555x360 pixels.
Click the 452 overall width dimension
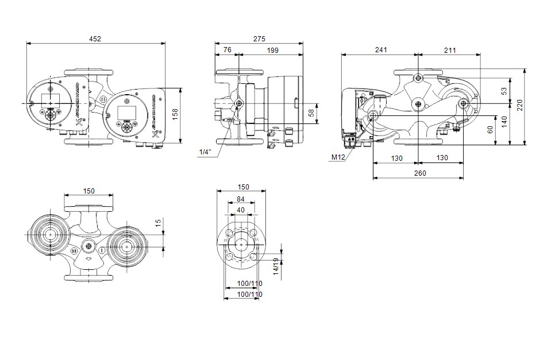[95, 39]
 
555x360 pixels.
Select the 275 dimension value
[259, 39]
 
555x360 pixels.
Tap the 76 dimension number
[228, 51]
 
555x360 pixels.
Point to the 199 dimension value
[272, 51]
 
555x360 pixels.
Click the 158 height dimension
[176, 115]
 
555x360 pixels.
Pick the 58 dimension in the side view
[312, 113]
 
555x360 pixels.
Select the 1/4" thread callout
[205, 152]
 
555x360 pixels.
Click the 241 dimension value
[380, 51]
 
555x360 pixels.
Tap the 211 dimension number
[450, 51]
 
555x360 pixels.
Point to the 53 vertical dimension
[504, 91]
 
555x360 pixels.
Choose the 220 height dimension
[520, 106]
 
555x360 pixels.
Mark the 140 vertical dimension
[504, 121]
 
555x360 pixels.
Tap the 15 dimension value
[158, 222]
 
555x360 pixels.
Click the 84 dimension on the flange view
[240, 199]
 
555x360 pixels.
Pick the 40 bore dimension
[240, 210]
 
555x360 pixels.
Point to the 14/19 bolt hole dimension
[276, 267]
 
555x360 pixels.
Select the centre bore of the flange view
[241, 244]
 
